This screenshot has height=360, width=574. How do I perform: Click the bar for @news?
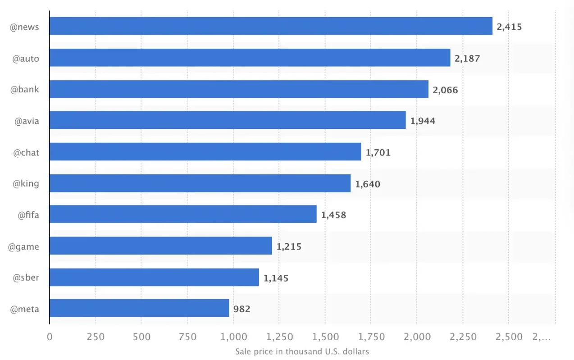271,26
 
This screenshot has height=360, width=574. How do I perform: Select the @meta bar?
139,308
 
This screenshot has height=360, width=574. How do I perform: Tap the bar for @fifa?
183,214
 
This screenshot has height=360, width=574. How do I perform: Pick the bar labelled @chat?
205,152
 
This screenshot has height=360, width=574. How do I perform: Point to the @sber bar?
154,277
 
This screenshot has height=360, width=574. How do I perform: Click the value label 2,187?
467,58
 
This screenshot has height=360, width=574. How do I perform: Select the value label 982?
241,309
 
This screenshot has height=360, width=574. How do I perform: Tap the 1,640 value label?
368,184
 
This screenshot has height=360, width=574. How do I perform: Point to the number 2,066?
445,90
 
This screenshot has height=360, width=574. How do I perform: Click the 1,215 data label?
289,246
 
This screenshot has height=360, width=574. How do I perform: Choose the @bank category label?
25,89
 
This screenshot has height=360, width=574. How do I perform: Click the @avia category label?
27,121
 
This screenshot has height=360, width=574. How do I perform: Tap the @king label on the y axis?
26,183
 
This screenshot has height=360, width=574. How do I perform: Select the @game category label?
23,246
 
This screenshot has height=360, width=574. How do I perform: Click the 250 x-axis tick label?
96,337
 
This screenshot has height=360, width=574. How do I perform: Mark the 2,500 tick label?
508,337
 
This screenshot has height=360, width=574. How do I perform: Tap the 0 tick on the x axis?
50,337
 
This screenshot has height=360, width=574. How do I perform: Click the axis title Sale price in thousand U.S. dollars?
302,351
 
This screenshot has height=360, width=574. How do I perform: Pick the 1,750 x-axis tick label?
370,337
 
